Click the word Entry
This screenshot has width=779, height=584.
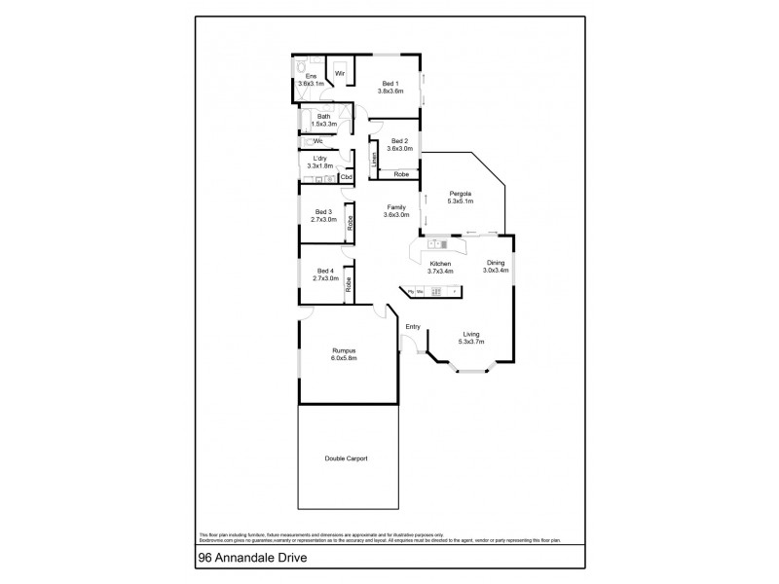click(x=412, y=326)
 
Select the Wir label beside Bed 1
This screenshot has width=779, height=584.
click(x=341, y=72)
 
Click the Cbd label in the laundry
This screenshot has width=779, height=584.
click(x=345, y=177)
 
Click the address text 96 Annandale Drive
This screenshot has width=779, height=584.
click(x=243, y=561)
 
